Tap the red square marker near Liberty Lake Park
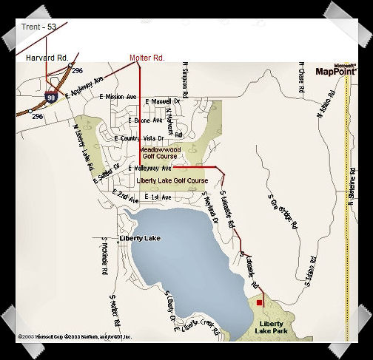tap(259, 302)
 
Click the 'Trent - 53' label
tap(38, 27)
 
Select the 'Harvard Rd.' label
tap(47, 57)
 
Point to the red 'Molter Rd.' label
tap(147, 57)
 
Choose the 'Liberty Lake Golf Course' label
tap(172, 180)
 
